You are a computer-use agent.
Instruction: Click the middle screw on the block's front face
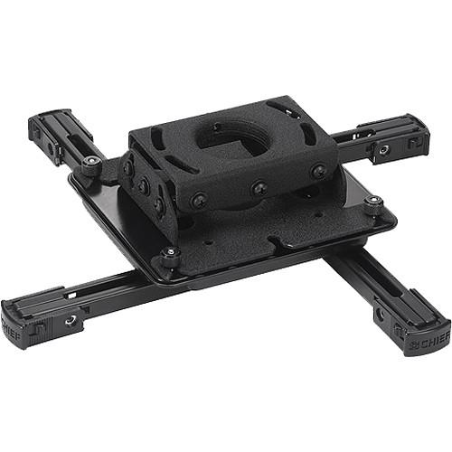pos(259,189)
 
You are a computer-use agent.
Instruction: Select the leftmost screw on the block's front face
pos(197,201)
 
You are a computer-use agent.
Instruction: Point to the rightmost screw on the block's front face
pos(318,170)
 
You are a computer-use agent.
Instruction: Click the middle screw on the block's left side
pos(144,187)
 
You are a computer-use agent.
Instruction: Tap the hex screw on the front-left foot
pos(69,320)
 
